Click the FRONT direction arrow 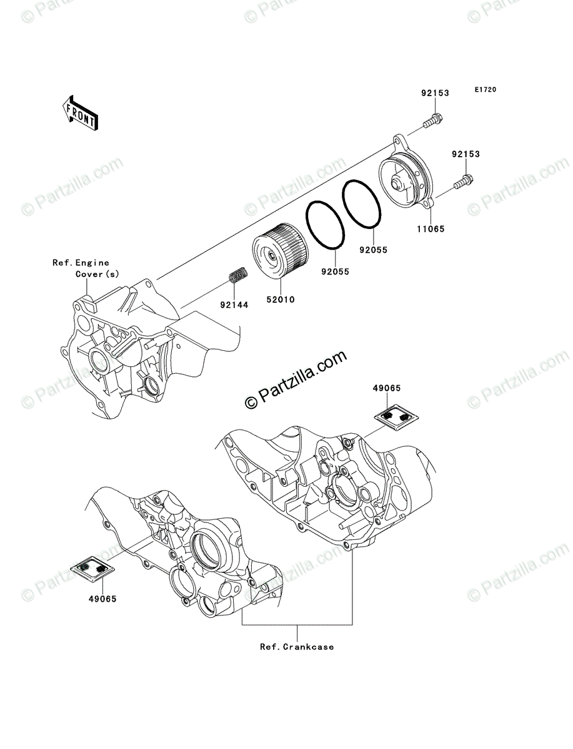[79, 112]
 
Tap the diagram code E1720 [484, 91]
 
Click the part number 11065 [432, 229]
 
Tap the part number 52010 [282, 300]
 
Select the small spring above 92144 [236, 276]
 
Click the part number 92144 [234, 305]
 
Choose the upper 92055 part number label [373, 250]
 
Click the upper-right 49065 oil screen [395, 413]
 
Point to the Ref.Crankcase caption [297, 647]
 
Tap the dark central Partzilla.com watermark [296, 381]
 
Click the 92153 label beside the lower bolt [467, 154]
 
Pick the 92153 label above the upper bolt [435, 94]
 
